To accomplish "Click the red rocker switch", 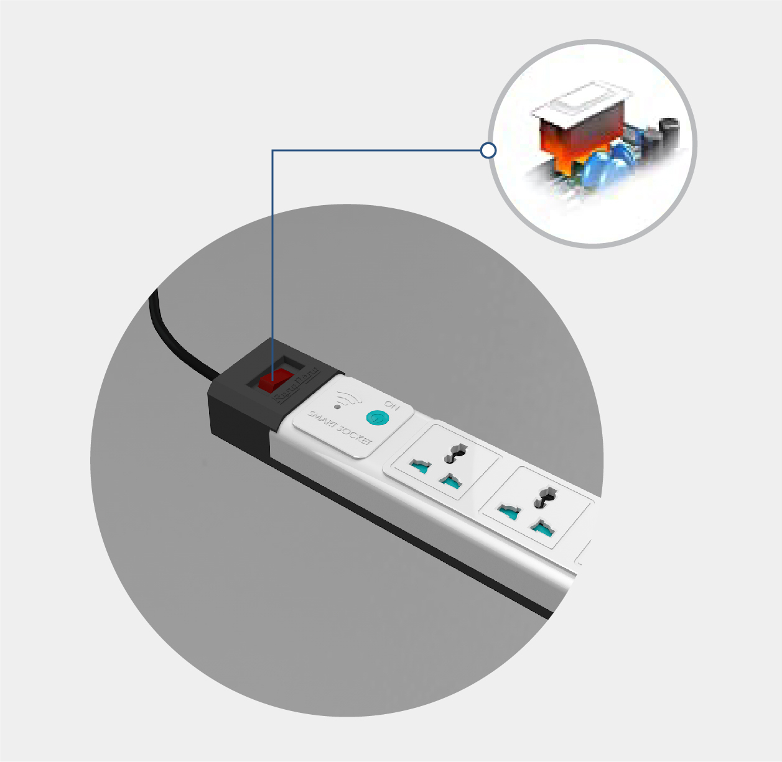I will click(x=276, y=380).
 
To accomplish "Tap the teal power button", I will click(x=375, y=417).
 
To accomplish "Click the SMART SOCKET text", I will click(x=340, y=428).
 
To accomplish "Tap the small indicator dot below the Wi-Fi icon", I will click(x=337, y=407).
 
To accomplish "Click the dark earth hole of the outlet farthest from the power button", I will click(x=546, y=498).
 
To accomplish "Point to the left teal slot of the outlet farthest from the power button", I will click(x=510, y=512).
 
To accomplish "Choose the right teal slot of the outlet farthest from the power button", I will click(x=542, y=529).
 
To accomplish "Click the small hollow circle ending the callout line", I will click(x=488, y=150).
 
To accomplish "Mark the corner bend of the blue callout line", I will click(x=272, y=150).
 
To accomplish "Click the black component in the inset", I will click(x=668, y=131).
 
